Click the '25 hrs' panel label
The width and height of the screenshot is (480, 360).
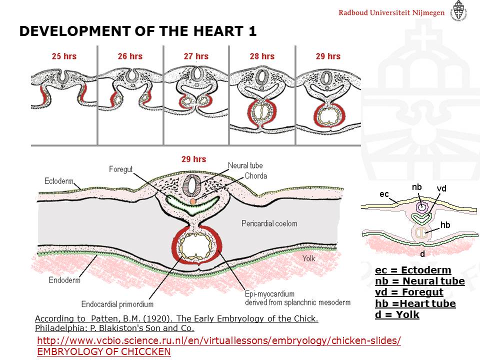point(64,56)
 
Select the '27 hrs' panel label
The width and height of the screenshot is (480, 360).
point(196,56)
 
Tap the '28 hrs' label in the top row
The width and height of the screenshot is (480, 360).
point(262,56)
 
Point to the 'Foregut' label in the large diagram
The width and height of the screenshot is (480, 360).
point(121,169)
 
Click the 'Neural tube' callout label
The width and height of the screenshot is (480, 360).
point(245,165)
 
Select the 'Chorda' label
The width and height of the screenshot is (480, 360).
point(255,176)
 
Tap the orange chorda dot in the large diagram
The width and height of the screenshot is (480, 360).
point(192,201)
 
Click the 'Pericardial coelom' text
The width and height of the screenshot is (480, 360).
point(269,223)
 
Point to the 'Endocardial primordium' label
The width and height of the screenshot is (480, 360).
point(117,304)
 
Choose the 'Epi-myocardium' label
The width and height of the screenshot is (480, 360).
point(269,294)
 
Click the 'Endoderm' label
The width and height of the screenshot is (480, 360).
point(64,280)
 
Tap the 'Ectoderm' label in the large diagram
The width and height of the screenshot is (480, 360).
point(59,181)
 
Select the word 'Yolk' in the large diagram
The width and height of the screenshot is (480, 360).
point(308,258)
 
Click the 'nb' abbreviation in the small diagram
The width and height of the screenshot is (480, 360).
point(416,187)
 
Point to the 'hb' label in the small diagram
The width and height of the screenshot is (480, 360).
point(445,225)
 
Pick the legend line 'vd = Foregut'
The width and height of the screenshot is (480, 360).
point(409,292)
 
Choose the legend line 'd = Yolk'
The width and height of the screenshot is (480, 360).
point(397,314)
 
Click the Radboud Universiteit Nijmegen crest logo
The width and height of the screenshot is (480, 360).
point(458,10)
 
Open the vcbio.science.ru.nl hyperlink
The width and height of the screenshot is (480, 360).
point(219,340)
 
